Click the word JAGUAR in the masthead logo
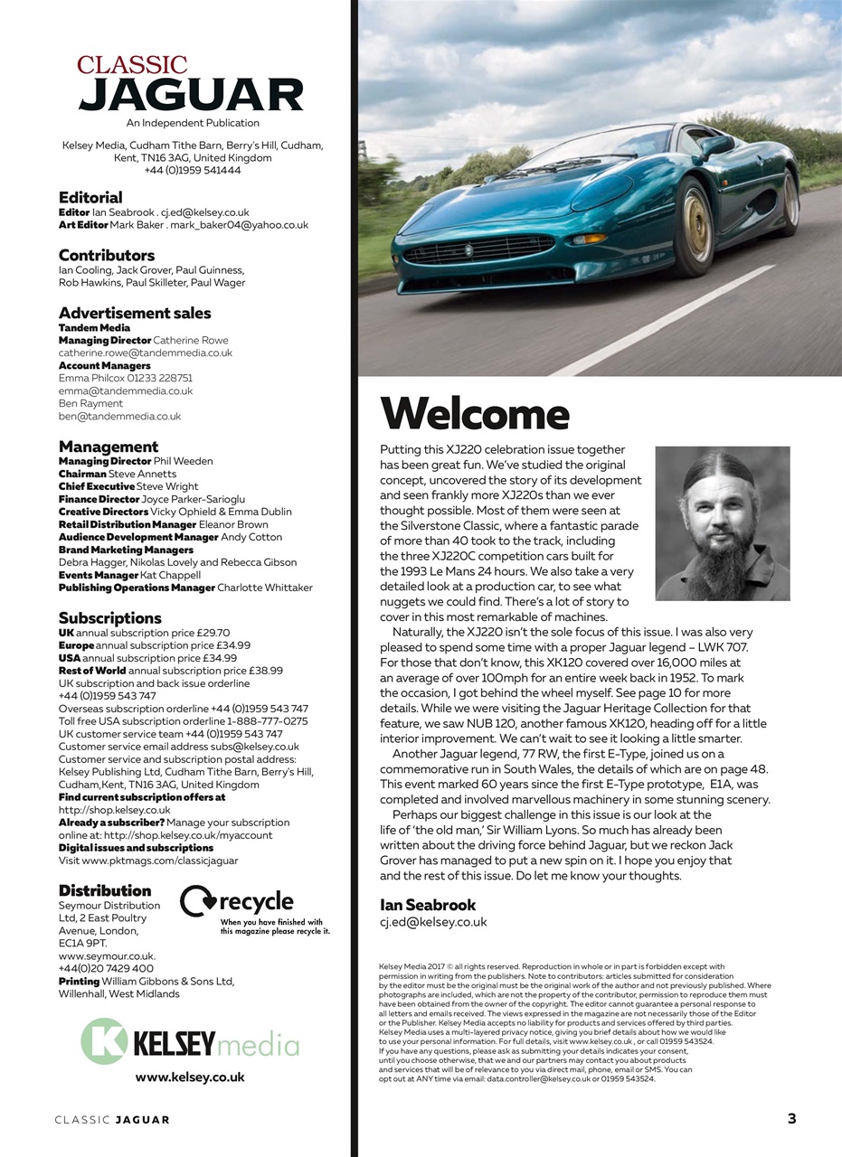(190, 95)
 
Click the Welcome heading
(475, 414)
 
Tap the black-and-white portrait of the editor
(722, 523)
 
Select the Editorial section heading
(90, 197)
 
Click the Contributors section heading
(107, 255)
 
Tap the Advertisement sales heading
(135, 313)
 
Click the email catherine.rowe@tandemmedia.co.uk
(146, 353)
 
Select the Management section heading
(109, 447)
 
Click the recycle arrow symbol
(197, 902)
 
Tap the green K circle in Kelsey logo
(105, 1040)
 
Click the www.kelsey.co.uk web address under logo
(190, 1077)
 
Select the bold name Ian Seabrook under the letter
(428, 905)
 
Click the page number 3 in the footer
(791, 1118)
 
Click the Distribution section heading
(105, 890)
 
